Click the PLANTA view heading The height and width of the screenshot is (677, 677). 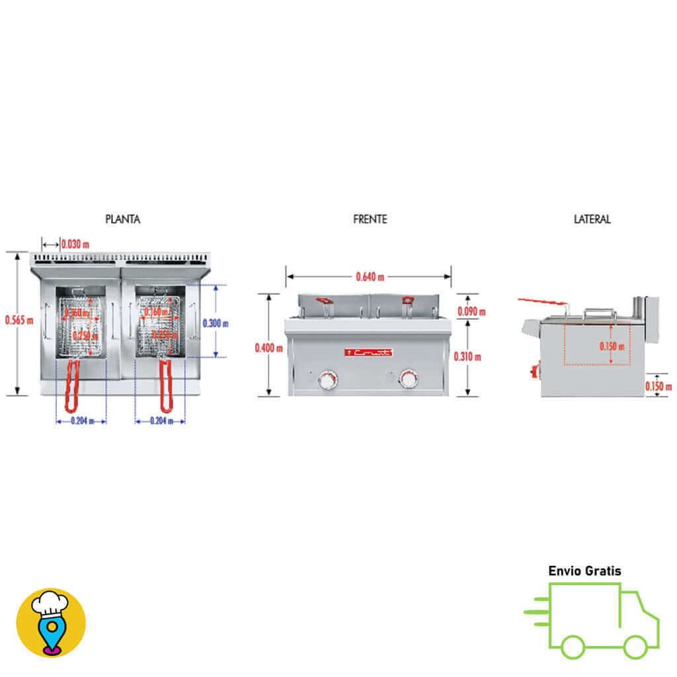point(122,219)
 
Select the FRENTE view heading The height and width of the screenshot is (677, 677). point(370,219)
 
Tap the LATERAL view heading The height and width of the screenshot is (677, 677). point(592,219)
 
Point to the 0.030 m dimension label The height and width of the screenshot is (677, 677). point(75,244)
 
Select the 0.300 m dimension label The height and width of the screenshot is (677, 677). point(216,323)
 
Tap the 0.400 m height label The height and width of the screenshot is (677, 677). point(268,348)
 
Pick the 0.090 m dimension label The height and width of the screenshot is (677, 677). point(471,311)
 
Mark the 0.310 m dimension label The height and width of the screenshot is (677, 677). point(467,356)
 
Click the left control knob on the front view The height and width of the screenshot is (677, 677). point(328,379)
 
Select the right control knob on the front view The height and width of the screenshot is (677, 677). point(409,379)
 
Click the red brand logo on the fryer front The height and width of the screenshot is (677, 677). point(369,353)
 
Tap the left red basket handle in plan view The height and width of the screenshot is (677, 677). point(73,387)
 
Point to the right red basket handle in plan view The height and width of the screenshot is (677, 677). point(165,387)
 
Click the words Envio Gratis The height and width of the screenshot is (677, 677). point(584,571)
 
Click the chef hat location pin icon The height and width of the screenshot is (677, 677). point(51,622)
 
